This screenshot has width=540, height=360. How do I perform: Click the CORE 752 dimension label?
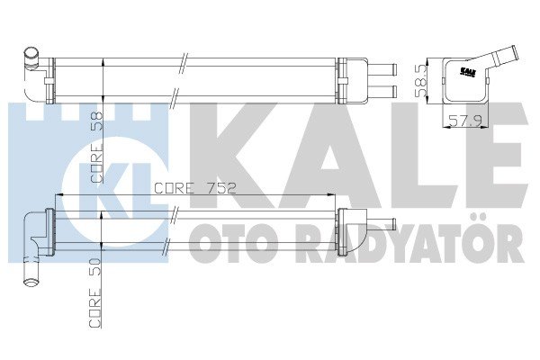[x=195, y=188]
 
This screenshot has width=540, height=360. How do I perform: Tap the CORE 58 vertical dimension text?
[x=97, y=147]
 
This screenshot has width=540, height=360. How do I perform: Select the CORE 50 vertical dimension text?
[x=95, y=292]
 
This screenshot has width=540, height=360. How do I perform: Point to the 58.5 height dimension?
[x=421, y=81]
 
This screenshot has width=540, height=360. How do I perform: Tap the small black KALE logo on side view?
[x=468, y=71]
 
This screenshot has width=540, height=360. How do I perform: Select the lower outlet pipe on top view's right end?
[x=382, y=92]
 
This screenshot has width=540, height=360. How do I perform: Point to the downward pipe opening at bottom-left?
[x=31, y=283]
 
